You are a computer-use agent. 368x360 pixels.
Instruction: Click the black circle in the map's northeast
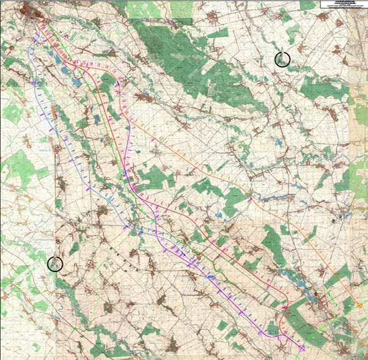[282, 59]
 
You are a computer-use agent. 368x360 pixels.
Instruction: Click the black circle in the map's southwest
[55, 263]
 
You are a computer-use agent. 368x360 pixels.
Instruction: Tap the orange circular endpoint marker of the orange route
[359, 306]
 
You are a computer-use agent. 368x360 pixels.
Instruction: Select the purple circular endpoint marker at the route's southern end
[301, 348]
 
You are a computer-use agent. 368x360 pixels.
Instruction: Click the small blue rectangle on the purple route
[211, 277]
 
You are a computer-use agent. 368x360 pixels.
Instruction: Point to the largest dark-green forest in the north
[177, 55]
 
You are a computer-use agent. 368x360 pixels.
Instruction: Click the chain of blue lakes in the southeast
[306, 293]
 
